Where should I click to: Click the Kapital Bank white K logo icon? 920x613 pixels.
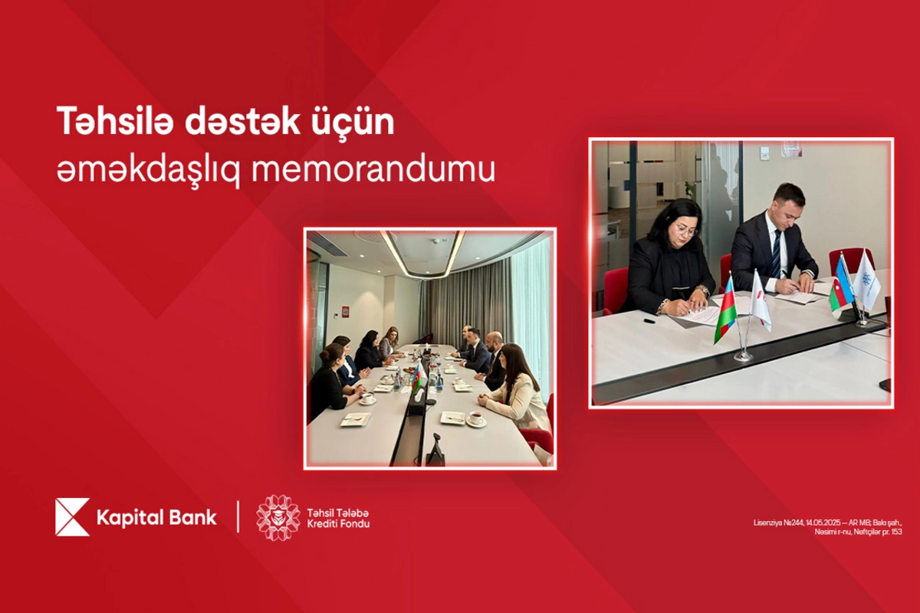72,516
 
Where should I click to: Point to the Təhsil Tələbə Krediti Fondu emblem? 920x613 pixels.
278,517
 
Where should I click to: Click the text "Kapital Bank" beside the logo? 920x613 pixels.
156,517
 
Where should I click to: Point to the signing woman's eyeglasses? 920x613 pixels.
685,231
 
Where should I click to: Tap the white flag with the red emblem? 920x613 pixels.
760,300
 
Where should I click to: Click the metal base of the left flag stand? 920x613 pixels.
743,356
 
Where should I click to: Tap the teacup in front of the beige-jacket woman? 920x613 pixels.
476,419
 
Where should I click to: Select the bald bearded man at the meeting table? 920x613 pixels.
495,352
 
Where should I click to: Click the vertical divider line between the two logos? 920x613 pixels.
238,517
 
